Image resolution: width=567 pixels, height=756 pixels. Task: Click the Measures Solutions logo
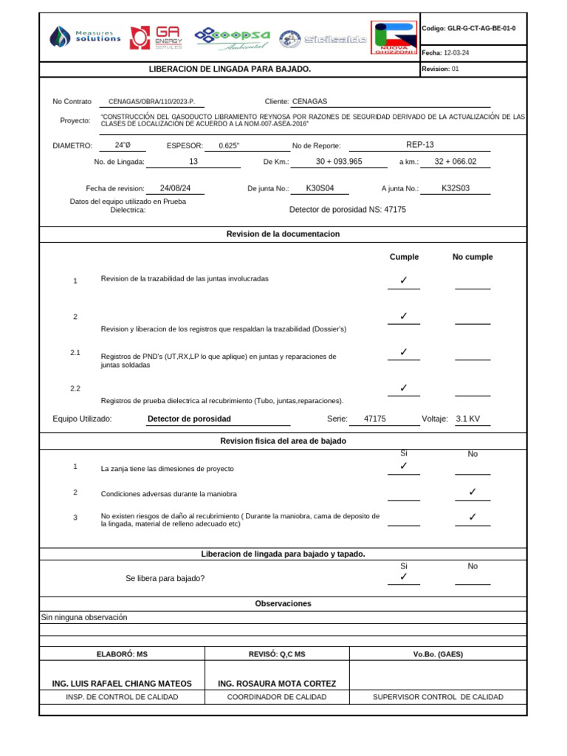pyautogui.click(x=85, y=37)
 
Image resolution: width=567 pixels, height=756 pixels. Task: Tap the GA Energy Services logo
pyautogui.click(x=156, y=38)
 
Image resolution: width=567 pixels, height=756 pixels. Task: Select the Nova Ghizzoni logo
pyautogui.click(x=394, y=38)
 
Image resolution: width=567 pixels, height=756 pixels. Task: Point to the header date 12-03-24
pyautogui.click(x=457, y=53)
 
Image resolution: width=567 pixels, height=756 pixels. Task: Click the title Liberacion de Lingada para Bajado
pyautogui.click(x=230, y=69)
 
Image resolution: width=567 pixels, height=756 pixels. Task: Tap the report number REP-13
pyautogui.click(x=420, y=145)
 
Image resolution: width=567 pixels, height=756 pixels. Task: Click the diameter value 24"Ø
pyautogui.click(x=123, y=145)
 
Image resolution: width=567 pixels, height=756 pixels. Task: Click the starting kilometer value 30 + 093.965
pyautogui.click(x=339, y=162)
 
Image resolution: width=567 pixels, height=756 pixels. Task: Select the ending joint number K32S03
pyautogui.click(x=456, y=188)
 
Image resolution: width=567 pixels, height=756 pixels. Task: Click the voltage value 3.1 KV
pyautogui.click(x=468, y=419)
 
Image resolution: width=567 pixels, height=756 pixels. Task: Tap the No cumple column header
pyautogui.click(x=472, y=257)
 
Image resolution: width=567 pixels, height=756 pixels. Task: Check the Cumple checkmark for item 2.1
pyautogui.click(x=403, y=352)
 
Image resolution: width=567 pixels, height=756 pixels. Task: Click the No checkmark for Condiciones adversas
pyautogui.click(x=472, y=492)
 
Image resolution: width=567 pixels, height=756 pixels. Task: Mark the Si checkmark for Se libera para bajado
pyautogui.click(x=403, y=577)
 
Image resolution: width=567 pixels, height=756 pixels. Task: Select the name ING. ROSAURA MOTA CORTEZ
pyautogui.click(x=277, y=684)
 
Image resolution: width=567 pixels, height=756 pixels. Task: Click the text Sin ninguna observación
pyautogui.click(x=84, y=617)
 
